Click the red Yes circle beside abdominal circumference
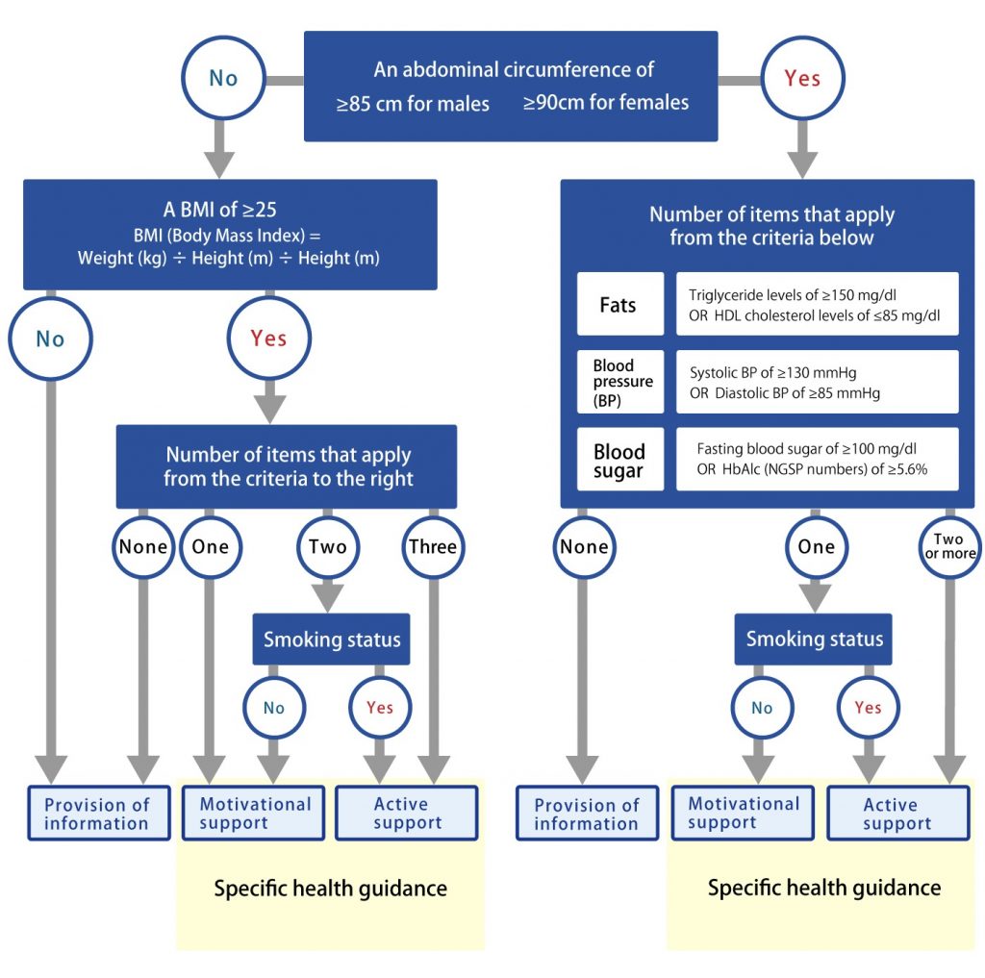802,78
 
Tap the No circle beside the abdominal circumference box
223,78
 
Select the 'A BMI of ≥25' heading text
220,210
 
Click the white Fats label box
620,304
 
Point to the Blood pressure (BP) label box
620,382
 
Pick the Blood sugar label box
620,459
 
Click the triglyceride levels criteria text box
818,304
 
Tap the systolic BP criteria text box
818,382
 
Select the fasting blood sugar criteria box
818,459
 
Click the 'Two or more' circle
949,546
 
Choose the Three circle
433,546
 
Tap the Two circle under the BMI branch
328,546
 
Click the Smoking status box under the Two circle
331,639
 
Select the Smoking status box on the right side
814,639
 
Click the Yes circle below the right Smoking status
869,708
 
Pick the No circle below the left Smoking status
274,708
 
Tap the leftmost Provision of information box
99,813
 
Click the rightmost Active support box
898,813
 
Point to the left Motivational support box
253,813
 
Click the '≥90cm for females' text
606,102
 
